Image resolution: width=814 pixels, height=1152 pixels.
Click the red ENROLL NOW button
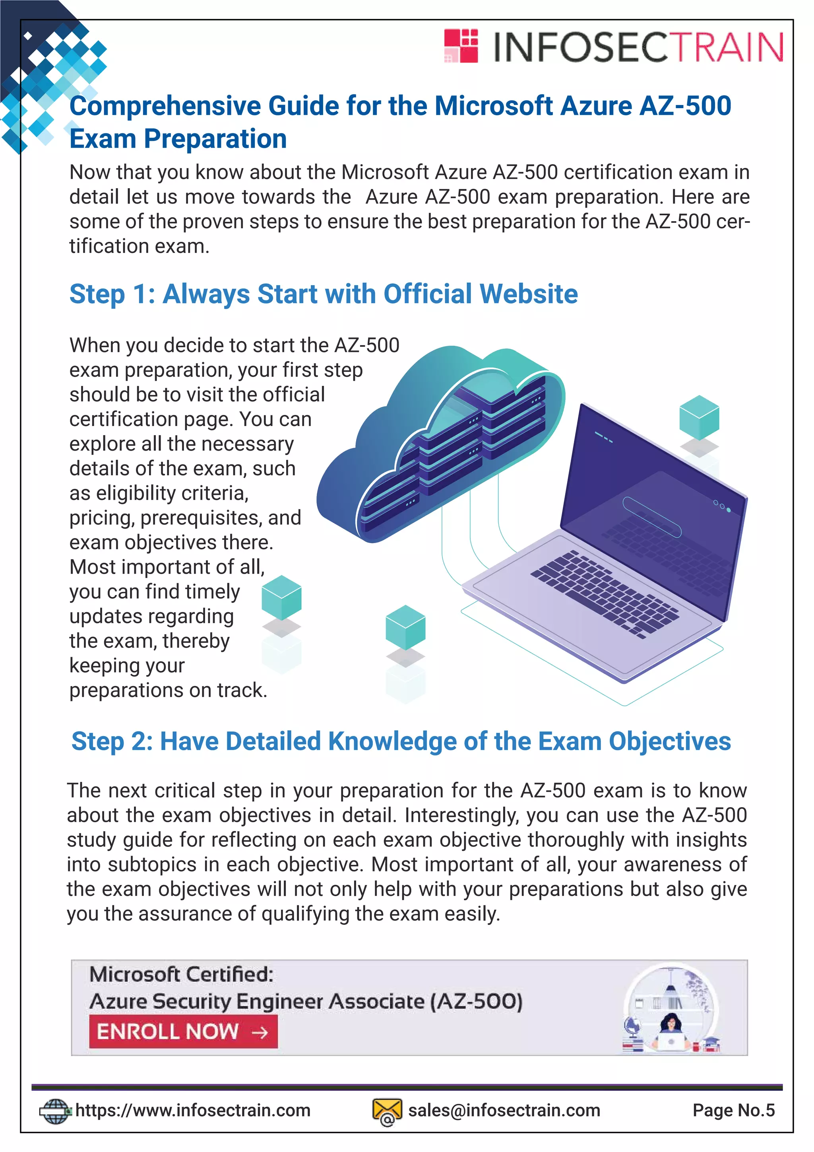click(183, 1031)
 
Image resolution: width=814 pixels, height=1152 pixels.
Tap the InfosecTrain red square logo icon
click(461, 46)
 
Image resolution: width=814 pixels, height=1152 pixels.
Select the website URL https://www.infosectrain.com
click(193, 1110)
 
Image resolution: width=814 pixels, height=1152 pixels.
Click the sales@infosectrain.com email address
click(504, 1110)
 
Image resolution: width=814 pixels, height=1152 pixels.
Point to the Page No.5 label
click(733, 1110)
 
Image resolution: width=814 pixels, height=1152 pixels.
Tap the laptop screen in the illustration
click(651, 502)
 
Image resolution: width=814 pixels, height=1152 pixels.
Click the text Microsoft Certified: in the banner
click(182, 974)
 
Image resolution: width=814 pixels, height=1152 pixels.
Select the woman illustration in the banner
click(672, 1029)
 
